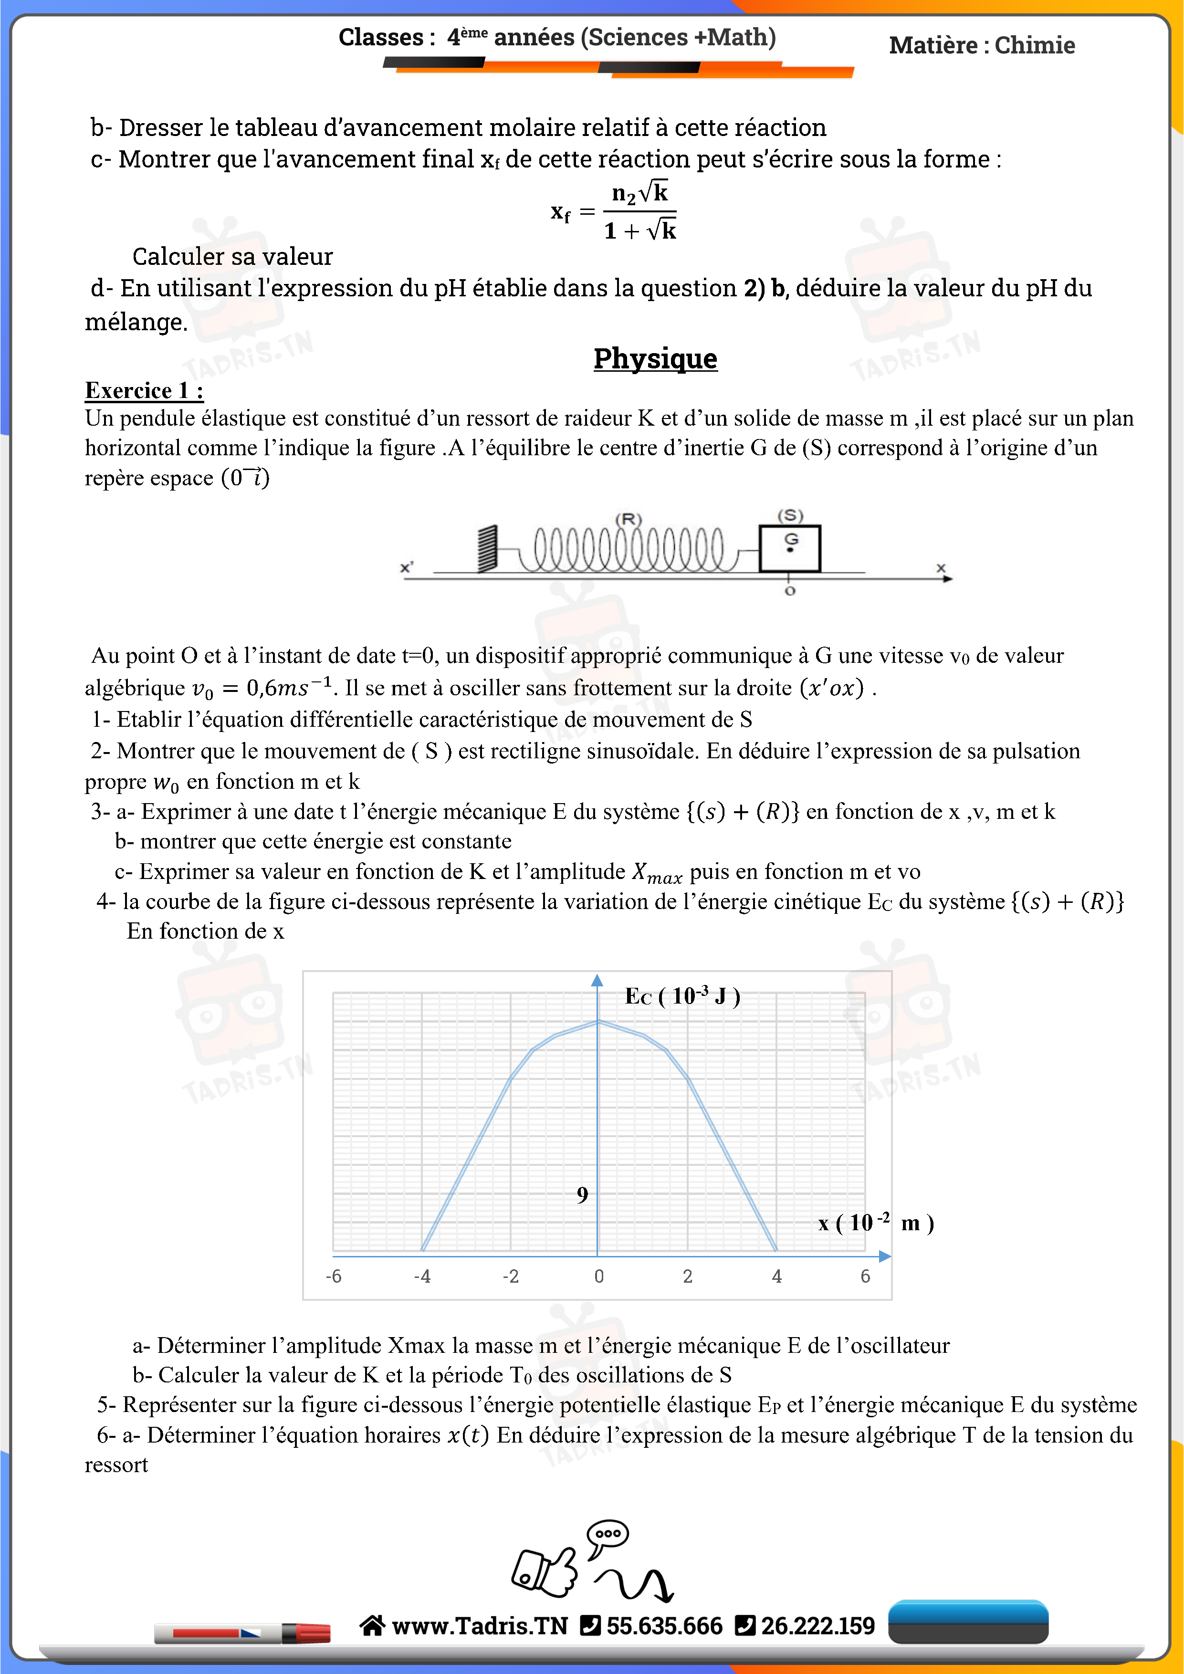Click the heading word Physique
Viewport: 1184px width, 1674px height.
coord(655,359)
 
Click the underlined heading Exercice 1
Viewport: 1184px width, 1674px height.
coord(144,391)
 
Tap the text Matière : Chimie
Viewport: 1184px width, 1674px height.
coord(981,45)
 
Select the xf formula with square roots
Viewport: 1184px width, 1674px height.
coord(614,211)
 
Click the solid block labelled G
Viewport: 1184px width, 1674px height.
coord(790,548)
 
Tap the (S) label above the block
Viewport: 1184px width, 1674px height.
coord(790,515)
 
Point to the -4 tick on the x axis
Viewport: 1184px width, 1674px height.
coord(422,1276)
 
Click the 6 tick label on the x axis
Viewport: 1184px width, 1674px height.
coord(865,1276)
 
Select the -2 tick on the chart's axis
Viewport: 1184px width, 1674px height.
coord(510,1276)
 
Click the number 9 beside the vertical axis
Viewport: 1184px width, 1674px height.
coord(582,1194)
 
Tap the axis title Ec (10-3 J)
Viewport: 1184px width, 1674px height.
coord(682,996)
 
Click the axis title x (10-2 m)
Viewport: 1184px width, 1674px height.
coord(875,1223)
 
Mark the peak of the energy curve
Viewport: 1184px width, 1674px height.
coord(598,1022)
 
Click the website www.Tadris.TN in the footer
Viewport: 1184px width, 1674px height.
coord(479,1626)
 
